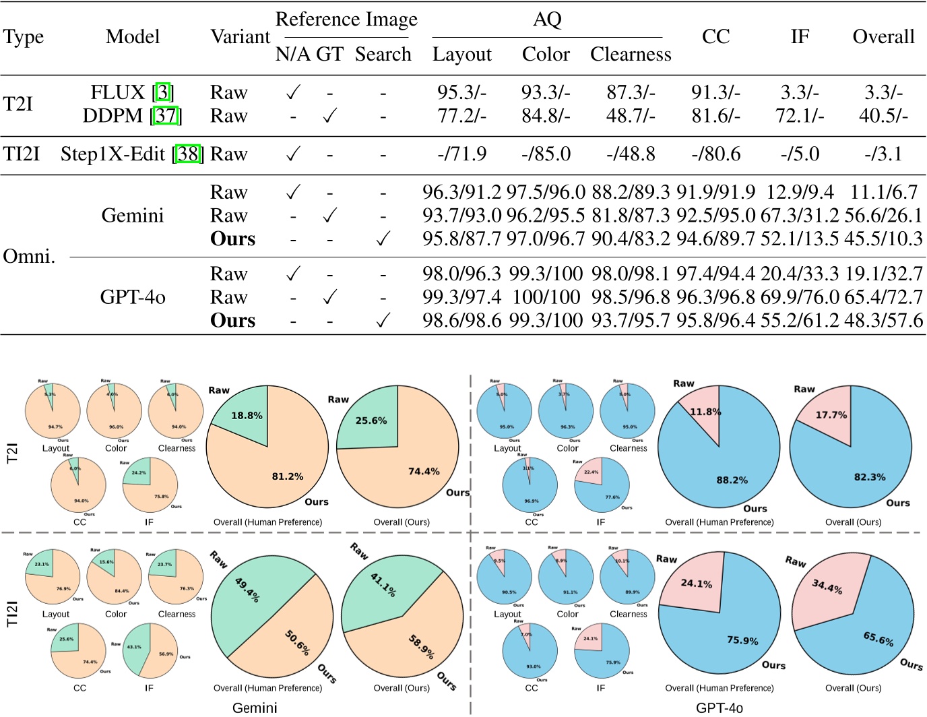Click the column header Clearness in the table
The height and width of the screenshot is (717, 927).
631,55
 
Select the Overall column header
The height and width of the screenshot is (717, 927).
883,36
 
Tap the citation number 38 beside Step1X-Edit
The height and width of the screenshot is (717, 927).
188,154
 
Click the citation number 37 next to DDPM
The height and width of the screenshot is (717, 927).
166,116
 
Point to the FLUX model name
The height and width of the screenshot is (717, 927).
118,92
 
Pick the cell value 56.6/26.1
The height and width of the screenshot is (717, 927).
883,216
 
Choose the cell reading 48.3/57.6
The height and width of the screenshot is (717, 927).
883,320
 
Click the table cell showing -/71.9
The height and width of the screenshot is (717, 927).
461,154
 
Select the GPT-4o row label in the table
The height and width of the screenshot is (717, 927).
133,297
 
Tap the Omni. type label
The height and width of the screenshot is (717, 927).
29,256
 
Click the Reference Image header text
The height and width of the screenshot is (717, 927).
346,20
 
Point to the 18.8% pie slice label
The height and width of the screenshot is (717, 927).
247,416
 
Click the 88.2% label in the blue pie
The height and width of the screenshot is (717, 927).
732,480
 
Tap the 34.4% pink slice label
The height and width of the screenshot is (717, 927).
827,587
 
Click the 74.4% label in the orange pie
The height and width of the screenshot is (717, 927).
423,472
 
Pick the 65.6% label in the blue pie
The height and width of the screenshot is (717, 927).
878,638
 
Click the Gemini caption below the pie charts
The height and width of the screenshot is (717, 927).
255,708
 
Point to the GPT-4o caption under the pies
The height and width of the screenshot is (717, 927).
719,708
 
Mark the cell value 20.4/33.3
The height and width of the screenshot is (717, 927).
799,274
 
